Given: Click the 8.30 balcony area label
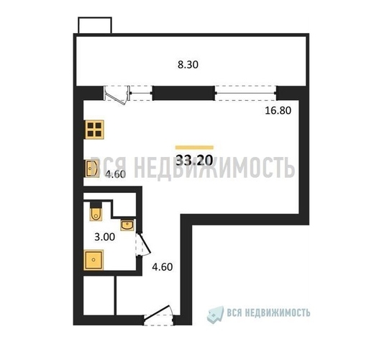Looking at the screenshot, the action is [x=188, y=65].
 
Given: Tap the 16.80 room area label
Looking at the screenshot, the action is [x=278, y=110].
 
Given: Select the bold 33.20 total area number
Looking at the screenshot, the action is [x=194, y=161].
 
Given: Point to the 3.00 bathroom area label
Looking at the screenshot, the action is [x=104, y=237].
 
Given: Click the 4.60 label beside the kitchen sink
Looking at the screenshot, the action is [x=115, y=174].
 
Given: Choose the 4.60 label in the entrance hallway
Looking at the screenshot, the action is [x=162, y=267].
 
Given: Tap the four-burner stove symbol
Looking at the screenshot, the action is [x=94, y=130].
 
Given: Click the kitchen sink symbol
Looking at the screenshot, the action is [x=92, y=168].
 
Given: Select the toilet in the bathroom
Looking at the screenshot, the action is [x=96, y=211].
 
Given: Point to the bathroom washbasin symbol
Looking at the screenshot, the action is [x=127, y=225].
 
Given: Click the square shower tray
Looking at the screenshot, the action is [x=94, y=260].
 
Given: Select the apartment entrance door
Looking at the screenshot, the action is [x=159, y=315].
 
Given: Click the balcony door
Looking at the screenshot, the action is [x=117, y=95].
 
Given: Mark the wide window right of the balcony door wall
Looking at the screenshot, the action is [x=246, y=93].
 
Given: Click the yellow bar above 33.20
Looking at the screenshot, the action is [x=194, y=148].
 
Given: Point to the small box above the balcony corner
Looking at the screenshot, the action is [x=95, y=25].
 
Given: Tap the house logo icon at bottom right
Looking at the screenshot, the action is [x=215, y=315].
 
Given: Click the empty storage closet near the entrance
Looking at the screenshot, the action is [x=99, y=295].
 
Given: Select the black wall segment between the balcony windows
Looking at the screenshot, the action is [x=183, y=93].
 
